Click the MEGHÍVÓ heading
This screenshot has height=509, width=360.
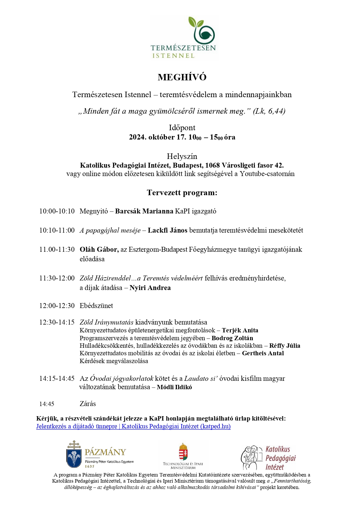[182, 77]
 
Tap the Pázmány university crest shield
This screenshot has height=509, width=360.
[74, 457]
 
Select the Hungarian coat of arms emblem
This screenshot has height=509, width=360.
[183, 452]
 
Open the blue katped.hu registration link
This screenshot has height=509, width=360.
[133, 426]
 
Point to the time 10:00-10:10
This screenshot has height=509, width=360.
[57, 211]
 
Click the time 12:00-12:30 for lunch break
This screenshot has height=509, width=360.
[57, 306]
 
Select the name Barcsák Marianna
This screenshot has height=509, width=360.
[144, 211]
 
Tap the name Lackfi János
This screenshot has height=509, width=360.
[168, 230]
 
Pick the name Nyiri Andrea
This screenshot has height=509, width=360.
[150, 288]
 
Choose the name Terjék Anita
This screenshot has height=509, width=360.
[240, 330]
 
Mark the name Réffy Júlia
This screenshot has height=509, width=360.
[285, 346]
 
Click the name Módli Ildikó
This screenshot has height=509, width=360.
[174, 387]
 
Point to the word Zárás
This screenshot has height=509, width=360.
[88, 404]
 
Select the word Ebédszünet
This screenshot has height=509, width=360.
[96, 306]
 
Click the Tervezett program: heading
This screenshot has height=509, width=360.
[182, 193]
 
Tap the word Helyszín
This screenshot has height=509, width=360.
[182, 156]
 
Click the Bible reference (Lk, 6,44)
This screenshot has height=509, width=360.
[269, 111]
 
